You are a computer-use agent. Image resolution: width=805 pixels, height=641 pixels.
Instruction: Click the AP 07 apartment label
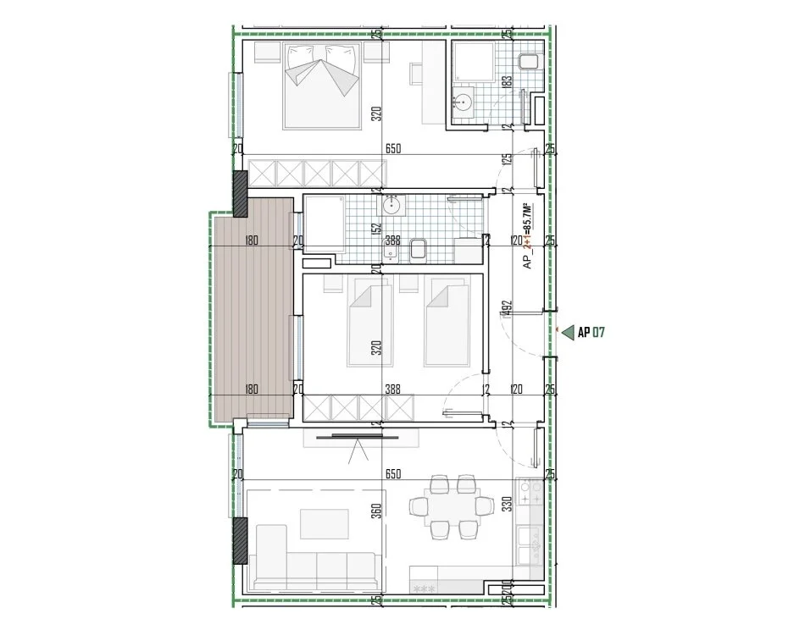click(591, 333)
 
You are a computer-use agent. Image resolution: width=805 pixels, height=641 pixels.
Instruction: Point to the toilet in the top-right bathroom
click(527, 61)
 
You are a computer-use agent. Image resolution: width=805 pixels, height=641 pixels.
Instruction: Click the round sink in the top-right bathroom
click(464, 102)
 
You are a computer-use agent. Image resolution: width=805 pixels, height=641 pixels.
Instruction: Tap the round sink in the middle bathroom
click(392, 205)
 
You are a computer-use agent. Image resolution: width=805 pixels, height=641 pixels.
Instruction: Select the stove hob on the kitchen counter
click(531, 492)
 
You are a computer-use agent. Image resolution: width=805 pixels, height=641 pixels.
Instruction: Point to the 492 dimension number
click(505, 310)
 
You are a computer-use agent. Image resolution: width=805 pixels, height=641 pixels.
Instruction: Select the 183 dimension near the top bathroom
click(505, 83)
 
